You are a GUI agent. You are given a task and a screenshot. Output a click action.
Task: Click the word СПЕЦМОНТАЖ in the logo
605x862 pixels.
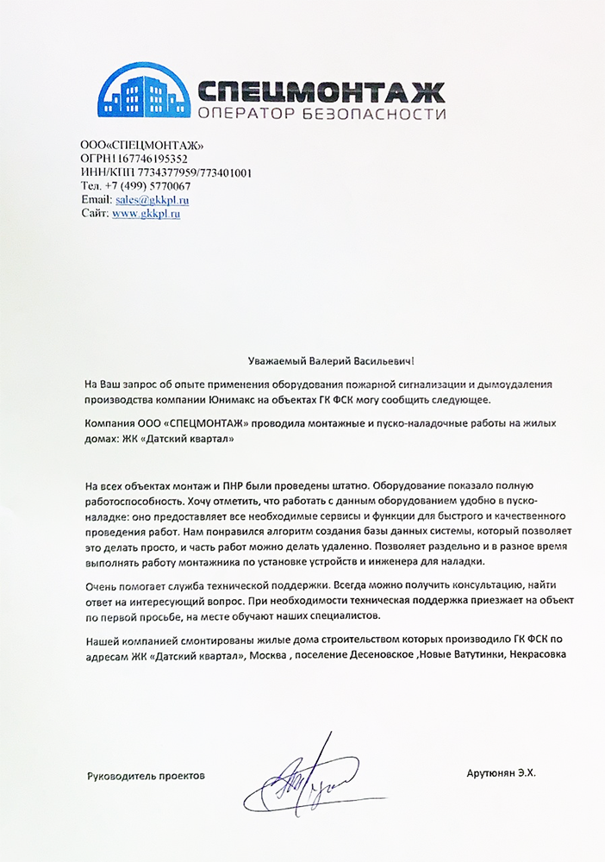click(x=321, y=89)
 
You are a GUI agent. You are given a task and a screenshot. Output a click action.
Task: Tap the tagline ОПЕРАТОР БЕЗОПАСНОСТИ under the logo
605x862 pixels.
click(x=321, y=114)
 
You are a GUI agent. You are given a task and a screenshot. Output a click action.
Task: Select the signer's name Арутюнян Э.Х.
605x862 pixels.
click(x=501, y=775)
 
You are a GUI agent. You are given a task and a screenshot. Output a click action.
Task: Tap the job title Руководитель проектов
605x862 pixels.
click(x=147, y=776)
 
